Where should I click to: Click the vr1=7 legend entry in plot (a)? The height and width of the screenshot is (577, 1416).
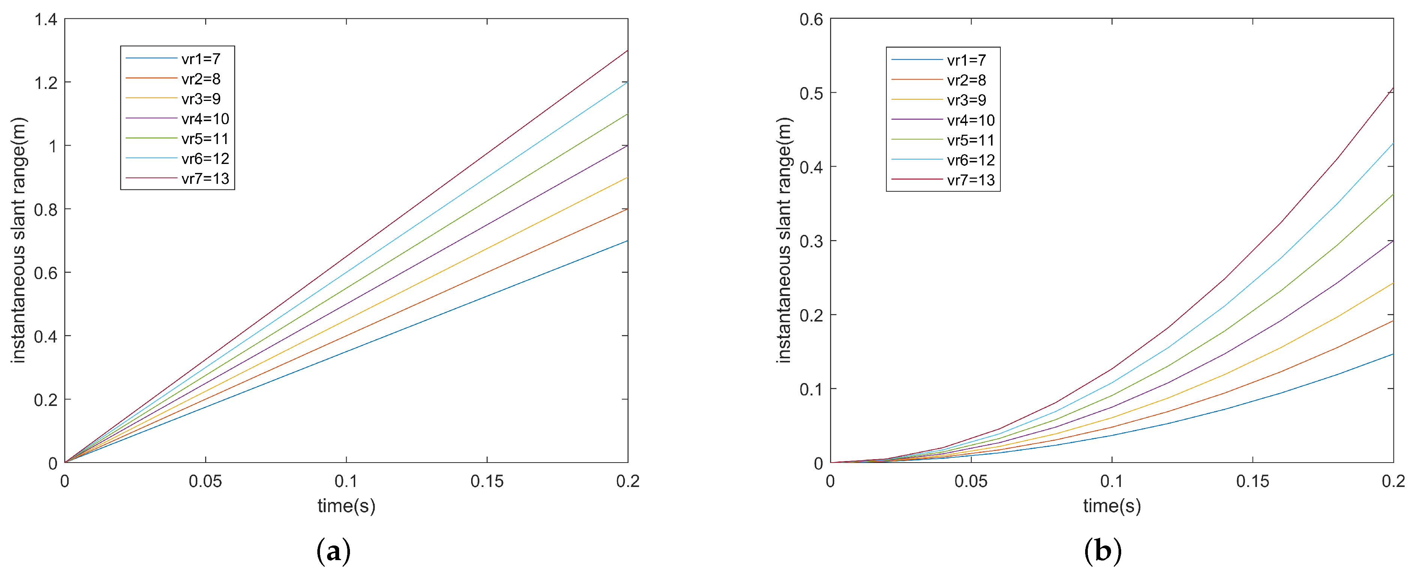click(x=201, y=59)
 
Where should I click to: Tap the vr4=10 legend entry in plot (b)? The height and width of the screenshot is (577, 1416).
click(x=970, y=120)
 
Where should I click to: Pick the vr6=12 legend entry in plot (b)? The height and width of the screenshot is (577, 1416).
click(x=970, y=160)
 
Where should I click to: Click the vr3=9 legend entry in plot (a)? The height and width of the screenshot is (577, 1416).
click(x=201, y=99)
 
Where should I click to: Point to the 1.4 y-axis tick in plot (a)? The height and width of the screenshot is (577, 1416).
click(x=46, y=20)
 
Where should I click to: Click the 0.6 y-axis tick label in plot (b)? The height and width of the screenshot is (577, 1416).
click(x=811, y=20)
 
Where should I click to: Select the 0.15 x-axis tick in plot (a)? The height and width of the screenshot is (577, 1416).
click(x=487, y=481)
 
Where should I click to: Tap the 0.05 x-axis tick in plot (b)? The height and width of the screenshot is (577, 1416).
click(x=971, y=481)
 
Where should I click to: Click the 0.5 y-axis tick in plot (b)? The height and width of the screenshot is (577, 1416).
click(x=811, y=93)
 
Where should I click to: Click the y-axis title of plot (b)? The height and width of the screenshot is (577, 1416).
click(x=784, y=240)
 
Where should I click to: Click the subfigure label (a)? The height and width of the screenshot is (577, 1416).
click(x=334, y=551)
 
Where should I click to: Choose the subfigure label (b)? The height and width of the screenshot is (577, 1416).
click(x=1103, y=551)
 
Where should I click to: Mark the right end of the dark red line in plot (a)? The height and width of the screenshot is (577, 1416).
click(x=627, y=51)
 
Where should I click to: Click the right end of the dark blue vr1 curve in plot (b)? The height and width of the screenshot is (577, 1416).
click(x=1393, y=355)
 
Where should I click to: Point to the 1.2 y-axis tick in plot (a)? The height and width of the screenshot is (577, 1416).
click(x=46, y=83)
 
